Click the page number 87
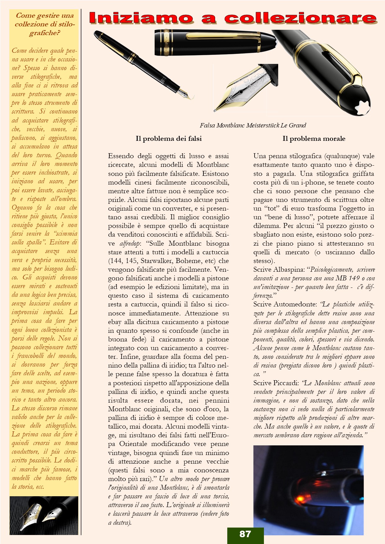coord(245,534)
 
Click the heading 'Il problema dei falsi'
coord(169,139)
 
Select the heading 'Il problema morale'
coord(314,139)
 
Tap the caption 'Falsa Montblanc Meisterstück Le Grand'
coord(253,126)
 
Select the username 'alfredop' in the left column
coord(130,243)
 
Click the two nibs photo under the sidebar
coord(44,515)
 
